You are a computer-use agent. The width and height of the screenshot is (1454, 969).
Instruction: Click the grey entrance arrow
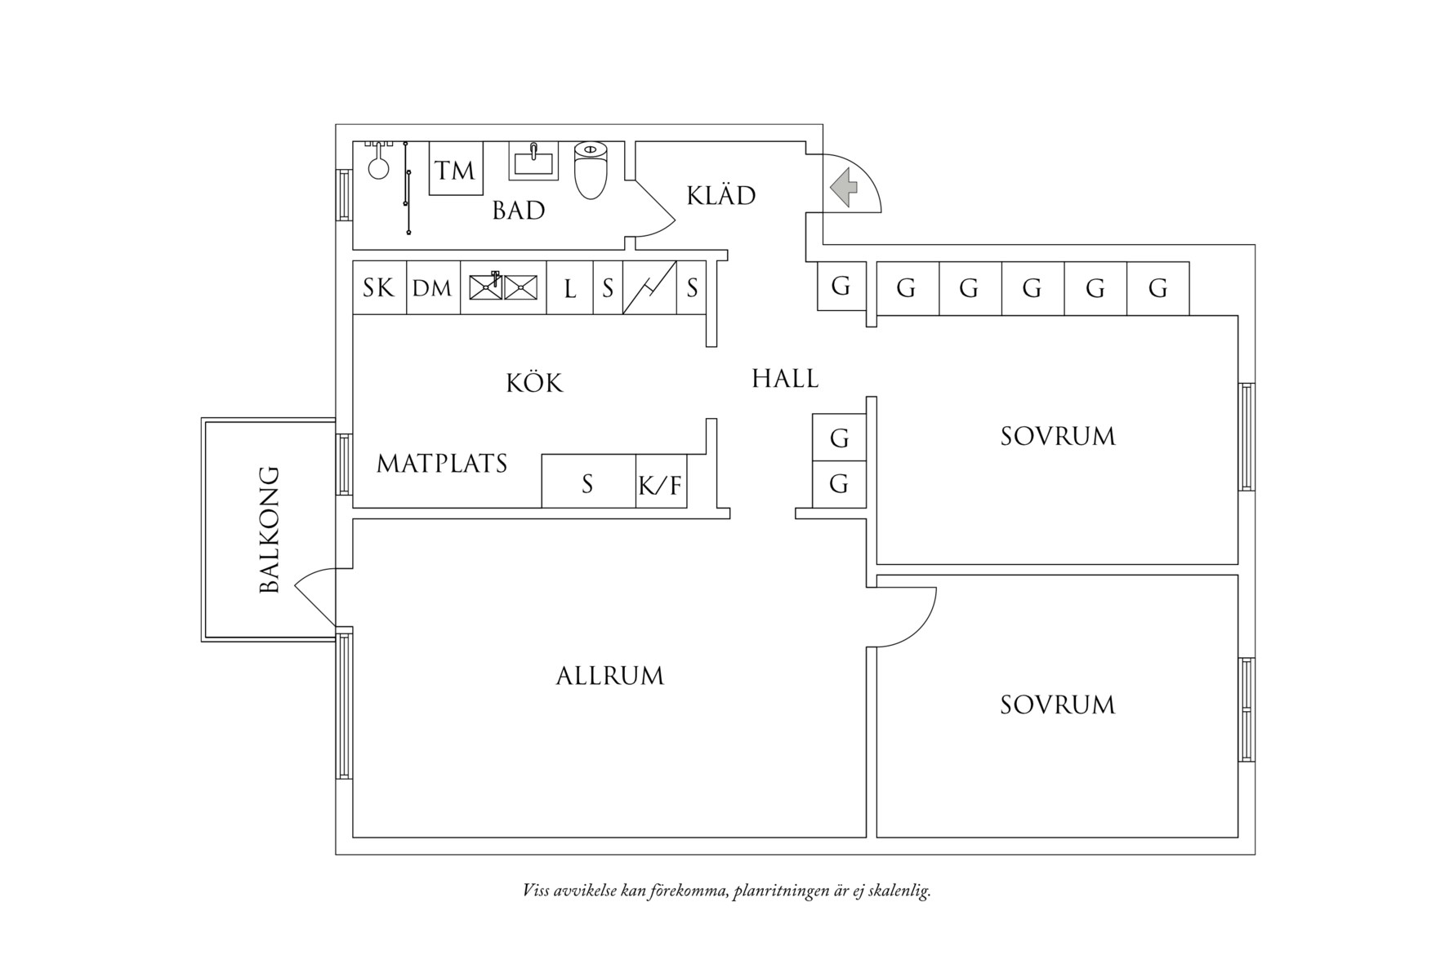(x=845, y=186)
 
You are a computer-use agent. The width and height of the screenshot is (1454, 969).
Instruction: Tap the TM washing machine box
(x=456, y=169)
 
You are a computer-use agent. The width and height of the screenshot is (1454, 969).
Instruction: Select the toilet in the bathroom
(x=591, y=171)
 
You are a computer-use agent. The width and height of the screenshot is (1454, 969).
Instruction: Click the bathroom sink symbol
(x=534, y=160)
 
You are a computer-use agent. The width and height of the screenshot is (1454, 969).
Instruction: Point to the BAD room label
(x=518, y=211)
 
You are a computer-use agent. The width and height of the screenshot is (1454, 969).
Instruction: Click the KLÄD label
(x=720, y=196)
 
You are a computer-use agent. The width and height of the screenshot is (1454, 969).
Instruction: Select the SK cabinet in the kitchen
(x=379, y=287)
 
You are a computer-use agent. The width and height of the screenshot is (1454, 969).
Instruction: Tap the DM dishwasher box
(x=432, y=287)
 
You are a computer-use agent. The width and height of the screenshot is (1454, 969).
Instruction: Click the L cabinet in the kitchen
(x=569, y=288)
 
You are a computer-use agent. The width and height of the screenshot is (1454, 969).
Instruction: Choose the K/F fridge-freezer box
(x=660, y=486)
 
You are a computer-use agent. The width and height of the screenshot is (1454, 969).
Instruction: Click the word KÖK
(x=534, y=382)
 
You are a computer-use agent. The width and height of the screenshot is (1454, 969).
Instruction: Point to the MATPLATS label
(x=441, y=464)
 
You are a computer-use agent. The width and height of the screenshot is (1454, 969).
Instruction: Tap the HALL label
(x=784, y=378)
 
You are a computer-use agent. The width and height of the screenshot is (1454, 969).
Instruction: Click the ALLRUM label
(x=609, y=676)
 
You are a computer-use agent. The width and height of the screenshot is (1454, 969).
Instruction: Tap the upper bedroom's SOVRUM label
(x=1057, y=436)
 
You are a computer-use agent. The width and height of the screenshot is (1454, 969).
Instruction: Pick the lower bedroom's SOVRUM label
(x=1057, y=705)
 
